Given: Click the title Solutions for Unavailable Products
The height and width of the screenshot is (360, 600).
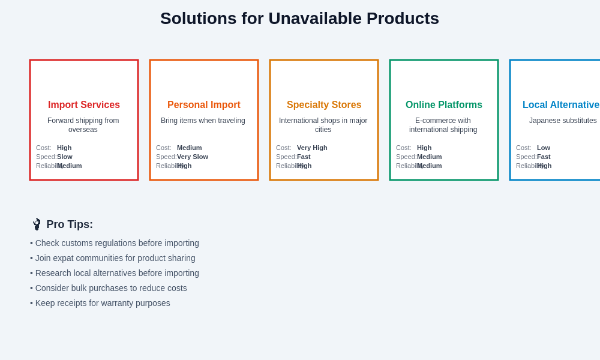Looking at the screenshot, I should click(x=299, y=19).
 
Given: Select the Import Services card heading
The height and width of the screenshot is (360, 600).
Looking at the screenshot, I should click(x=84, y=105).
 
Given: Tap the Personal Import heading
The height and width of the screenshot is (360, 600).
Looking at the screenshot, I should click(x=204, y=105).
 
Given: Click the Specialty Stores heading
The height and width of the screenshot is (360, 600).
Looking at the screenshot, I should click(x=324, y=105).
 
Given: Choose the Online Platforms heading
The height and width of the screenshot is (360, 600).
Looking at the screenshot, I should click(x=444, y=105).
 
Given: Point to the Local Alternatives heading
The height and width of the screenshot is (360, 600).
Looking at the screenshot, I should click(x=561, y=105).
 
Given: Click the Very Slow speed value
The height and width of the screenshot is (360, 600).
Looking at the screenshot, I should click(x=193, y=157).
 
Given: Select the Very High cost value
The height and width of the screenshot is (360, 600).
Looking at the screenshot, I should click(x=312, y=148).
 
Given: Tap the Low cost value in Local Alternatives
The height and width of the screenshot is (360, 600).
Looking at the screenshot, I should click(x=544, y=148).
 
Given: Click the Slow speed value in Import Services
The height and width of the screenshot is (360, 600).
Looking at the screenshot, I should click(x=65, y=157).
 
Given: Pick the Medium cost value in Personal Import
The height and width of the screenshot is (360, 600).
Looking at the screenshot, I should click(x=190, y=148).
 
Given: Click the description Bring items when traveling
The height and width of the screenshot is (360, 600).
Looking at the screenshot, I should click(x=203, y=121).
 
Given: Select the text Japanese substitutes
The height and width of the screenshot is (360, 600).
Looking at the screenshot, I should click(x=563, y=121).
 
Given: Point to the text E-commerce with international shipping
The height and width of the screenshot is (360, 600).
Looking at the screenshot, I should click(x=443, y=125).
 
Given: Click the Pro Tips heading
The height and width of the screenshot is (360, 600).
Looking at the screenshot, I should click(x=70, y=224).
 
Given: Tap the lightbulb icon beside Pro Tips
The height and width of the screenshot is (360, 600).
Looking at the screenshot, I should click(x=37, y=224).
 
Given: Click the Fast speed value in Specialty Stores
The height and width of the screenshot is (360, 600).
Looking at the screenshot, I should click(x=304, y=157).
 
